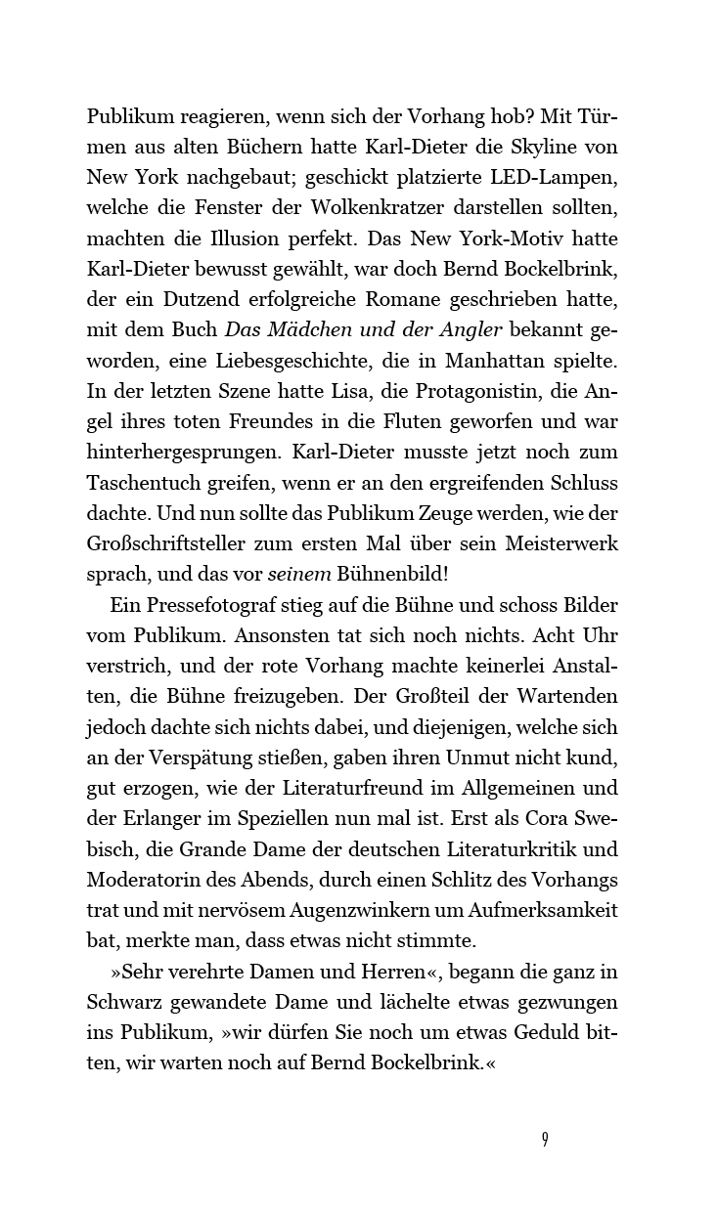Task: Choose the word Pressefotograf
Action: pyautogui.click(x=209, y=606)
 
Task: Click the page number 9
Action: pyautogui.click(x=544, y=1140)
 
